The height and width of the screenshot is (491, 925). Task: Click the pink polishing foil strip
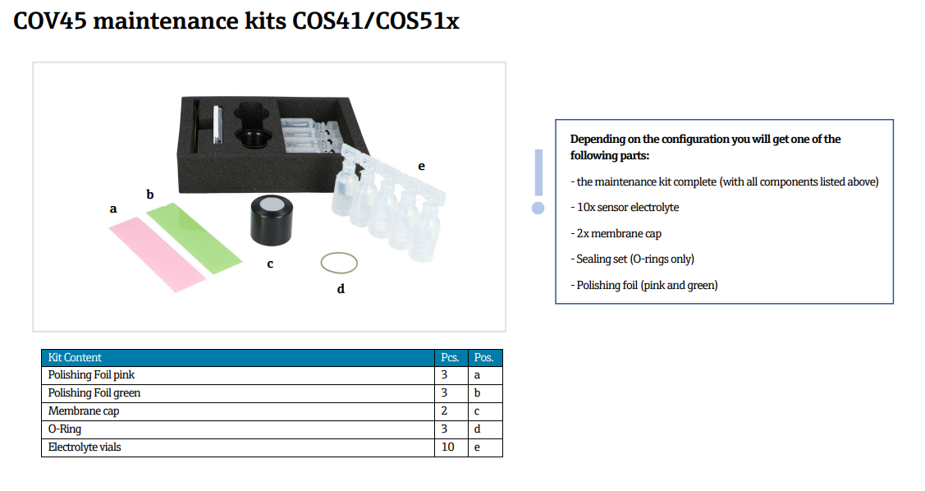pyautogui.click(x=158, y=255)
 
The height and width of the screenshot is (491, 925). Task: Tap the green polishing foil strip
pyautogui.click(x=194, y=238)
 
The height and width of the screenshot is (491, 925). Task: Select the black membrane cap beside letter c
pyautogui.click(x=272, y=219)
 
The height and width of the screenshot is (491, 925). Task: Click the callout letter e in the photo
pyautogui.click(x=421, y=167)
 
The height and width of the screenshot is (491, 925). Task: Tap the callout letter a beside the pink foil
pyautogui.click(x=113, y=209)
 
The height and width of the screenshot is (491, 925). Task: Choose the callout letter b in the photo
pyautogui.click(x=150, y=194)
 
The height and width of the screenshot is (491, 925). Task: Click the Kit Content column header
pyautogui.click(x=75, y=358)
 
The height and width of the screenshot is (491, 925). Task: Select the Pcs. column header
pyautogui.click(x=450, y=358)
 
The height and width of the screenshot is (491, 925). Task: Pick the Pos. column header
pyautogui.click(x=483, y=358)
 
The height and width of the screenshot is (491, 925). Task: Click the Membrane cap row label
pyautogui.click(x=84, y=411)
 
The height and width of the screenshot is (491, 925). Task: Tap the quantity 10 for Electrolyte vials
pyautogui.click(x=448, y=447)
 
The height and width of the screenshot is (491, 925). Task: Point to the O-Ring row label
pyautogui.click(x=65, y=429)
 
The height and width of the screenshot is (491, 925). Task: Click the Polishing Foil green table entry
pyautogui.click(x=94, y=393)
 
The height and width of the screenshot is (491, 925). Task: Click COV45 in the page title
pyautogui.click(x=50, y=21)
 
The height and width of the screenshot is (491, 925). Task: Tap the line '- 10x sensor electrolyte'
pyautogui.click(x=625, y=208)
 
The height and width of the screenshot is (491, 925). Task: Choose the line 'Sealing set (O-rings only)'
pyautogui.click(x=635, y=259)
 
